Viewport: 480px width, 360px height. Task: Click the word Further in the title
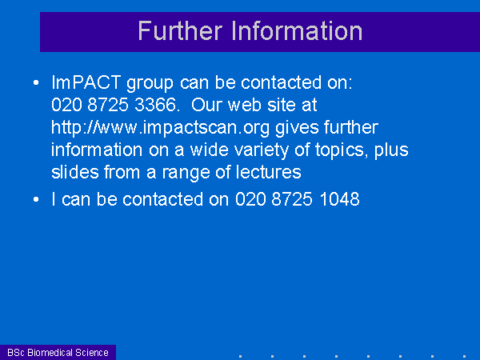coord(180,30)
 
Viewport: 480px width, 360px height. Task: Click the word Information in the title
coord(297,30)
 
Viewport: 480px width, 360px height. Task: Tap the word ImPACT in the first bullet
coord(86,82)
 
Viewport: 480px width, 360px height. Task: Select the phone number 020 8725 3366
coord(114,105)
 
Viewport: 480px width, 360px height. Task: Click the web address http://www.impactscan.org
coord(161,128)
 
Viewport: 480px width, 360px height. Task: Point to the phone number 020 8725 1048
coord(298,199)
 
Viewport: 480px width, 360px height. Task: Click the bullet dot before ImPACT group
coord(36,82)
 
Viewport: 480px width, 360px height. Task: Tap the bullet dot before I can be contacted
coord(36,199)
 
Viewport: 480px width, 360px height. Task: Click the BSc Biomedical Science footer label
coord(58,353)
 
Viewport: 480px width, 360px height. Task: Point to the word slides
coord(75,172)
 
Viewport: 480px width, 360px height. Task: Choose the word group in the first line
coord(150,83)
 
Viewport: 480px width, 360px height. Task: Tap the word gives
coord(297,128)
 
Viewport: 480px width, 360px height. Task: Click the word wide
coord(210,150)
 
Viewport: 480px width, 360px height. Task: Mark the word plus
coord(391,150)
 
